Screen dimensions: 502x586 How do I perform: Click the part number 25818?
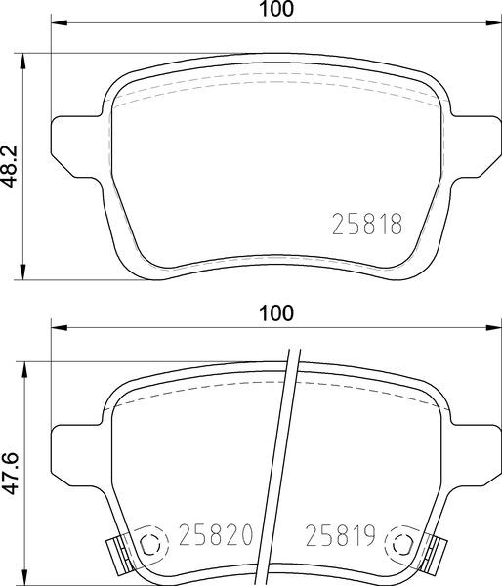pos(367,224)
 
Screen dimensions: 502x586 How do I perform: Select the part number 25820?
pos(216,535)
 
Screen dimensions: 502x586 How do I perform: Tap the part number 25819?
pos(341,535)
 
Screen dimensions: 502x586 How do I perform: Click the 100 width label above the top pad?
pos(276,9)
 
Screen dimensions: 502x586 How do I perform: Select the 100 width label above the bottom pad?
pos(276,314)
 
